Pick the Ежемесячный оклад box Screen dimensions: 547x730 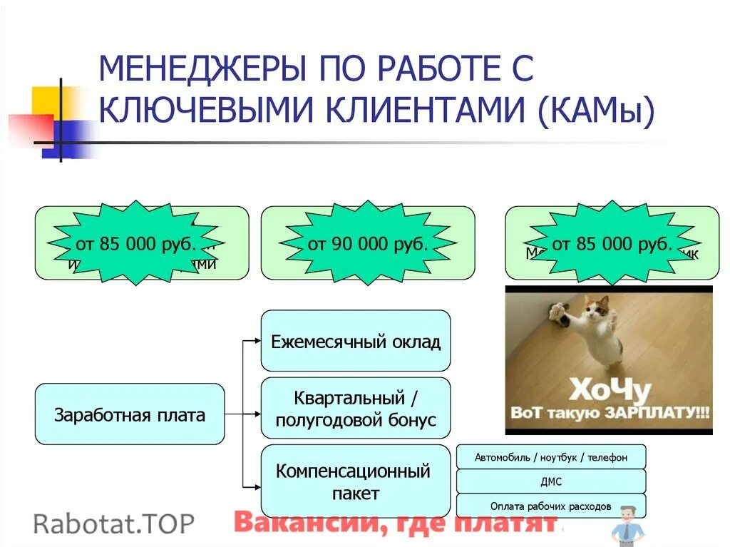tap(356, 341)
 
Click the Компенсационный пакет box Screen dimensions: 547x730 tap(356, 481)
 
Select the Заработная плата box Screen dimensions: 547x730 tap(129, 414)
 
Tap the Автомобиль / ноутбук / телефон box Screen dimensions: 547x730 tap(551, 457)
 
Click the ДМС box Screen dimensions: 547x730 tap(551, 481)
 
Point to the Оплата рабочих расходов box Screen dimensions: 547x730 tap(551, 506)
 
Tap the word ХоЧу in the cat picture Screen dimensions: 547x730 tap(609, 390)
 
